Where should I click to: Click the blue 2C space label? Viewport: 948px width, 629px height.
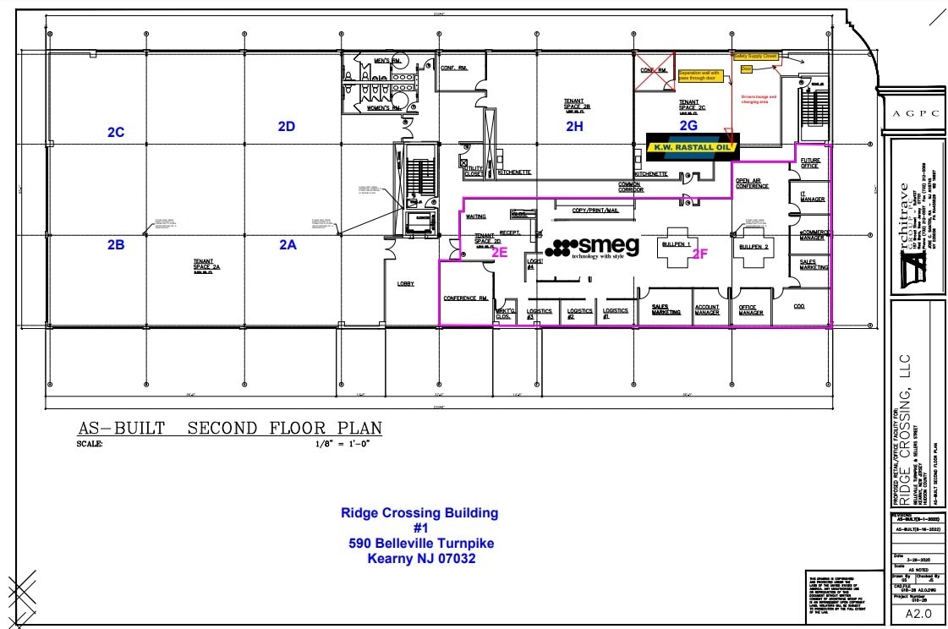pos(116,133)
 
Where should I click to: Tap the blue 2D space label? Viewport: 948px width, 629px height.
pos(286,127)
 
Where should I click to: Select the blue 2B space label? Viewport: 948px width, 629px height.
pos(116,245)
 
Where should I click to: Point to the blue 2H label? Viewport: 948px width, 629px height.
pos(575,127)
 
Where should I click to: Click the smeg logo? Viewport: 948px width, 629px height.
pos(592,248)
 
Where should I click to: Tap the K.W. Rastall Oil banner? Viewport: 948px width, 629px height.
pos(692,146)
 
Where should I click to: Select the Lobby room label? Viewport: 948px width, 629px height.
pos(406,284)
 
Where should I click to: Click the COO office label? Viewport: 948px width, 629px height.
pos(799,307)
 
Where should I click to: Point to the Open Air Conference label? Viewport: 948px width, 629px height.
pos(752,183)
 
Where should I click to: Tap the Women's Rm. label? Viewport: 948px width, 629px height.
pos(383,108)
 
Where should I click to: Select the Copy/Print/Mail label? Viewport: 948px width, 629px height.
pos(596,210)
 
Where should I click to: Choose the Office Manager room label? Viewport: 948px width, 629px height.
pos(751,310)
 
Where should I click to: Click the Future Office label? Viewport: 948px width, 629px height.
pos(810,162)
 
